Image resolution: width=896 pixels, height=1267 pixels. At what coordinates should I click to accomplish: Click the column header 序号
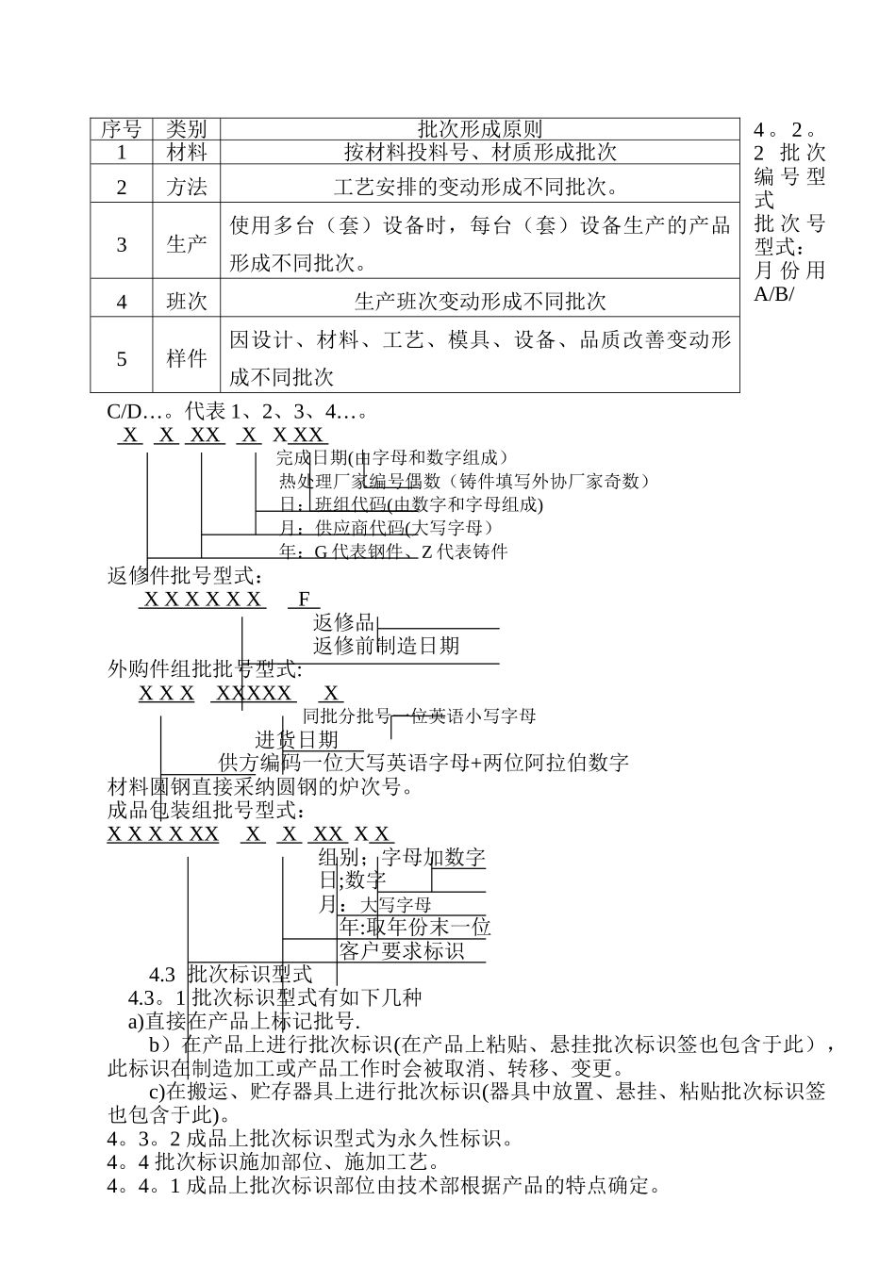click(121, 129)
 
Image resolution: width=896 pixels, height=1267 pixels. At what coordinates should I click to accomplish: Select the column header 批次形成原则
click(479, 129)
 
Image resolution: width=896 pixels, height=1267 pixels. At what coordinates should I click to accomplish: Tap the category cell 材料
click(186, 152)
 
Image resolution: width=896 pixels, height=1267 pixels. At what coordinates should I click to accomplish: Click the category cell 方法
click(186, 187)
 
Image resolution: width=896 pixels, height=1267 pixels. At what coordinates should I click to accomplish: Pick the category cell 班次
click(186, 302)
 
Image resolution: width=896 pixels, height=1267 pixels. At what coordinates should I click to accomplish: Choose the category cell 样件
click(186, 358)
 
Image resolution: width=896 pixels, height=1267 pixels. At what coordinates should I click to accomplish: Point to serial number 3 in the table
click(121, 244)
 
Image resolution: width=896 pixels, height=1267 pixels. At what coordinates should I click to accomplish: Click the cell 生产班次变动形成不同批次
click(479, 302)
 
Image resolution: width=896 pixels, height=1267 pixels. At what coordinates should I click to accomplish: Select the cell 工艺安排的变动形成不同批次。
click(479, 187)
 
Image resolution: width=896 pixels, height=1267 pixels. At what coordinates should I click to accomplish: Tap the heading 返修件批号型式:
click(185, 575)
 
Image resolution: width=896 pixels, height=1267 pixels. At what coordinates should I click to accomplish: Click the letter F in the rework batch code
click(304, 599)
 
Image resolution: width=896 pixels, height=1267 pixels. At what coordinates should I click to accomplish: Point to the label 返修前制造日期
click(386, 646)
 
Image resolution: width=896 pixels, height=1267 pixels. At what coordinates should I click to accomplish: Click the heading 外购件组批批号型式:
click(205, 669)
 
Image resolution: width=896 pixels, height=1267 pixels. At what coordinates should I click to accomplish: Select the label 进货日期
click(296, 740)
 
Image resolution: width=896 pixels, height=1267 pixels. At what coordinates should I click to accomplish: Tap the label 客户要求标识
click(402, 951)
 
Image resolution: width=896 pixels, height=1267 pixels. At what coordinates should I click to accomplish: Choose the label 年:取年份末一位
click(415, 928)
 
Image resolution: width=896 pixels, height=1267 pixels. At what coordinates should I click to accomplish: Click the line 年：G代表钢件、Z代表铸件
click(393, 551)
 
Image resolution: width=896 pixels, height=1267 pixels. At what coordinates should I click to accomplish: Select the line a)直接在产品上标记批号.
click(244, 1021)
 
